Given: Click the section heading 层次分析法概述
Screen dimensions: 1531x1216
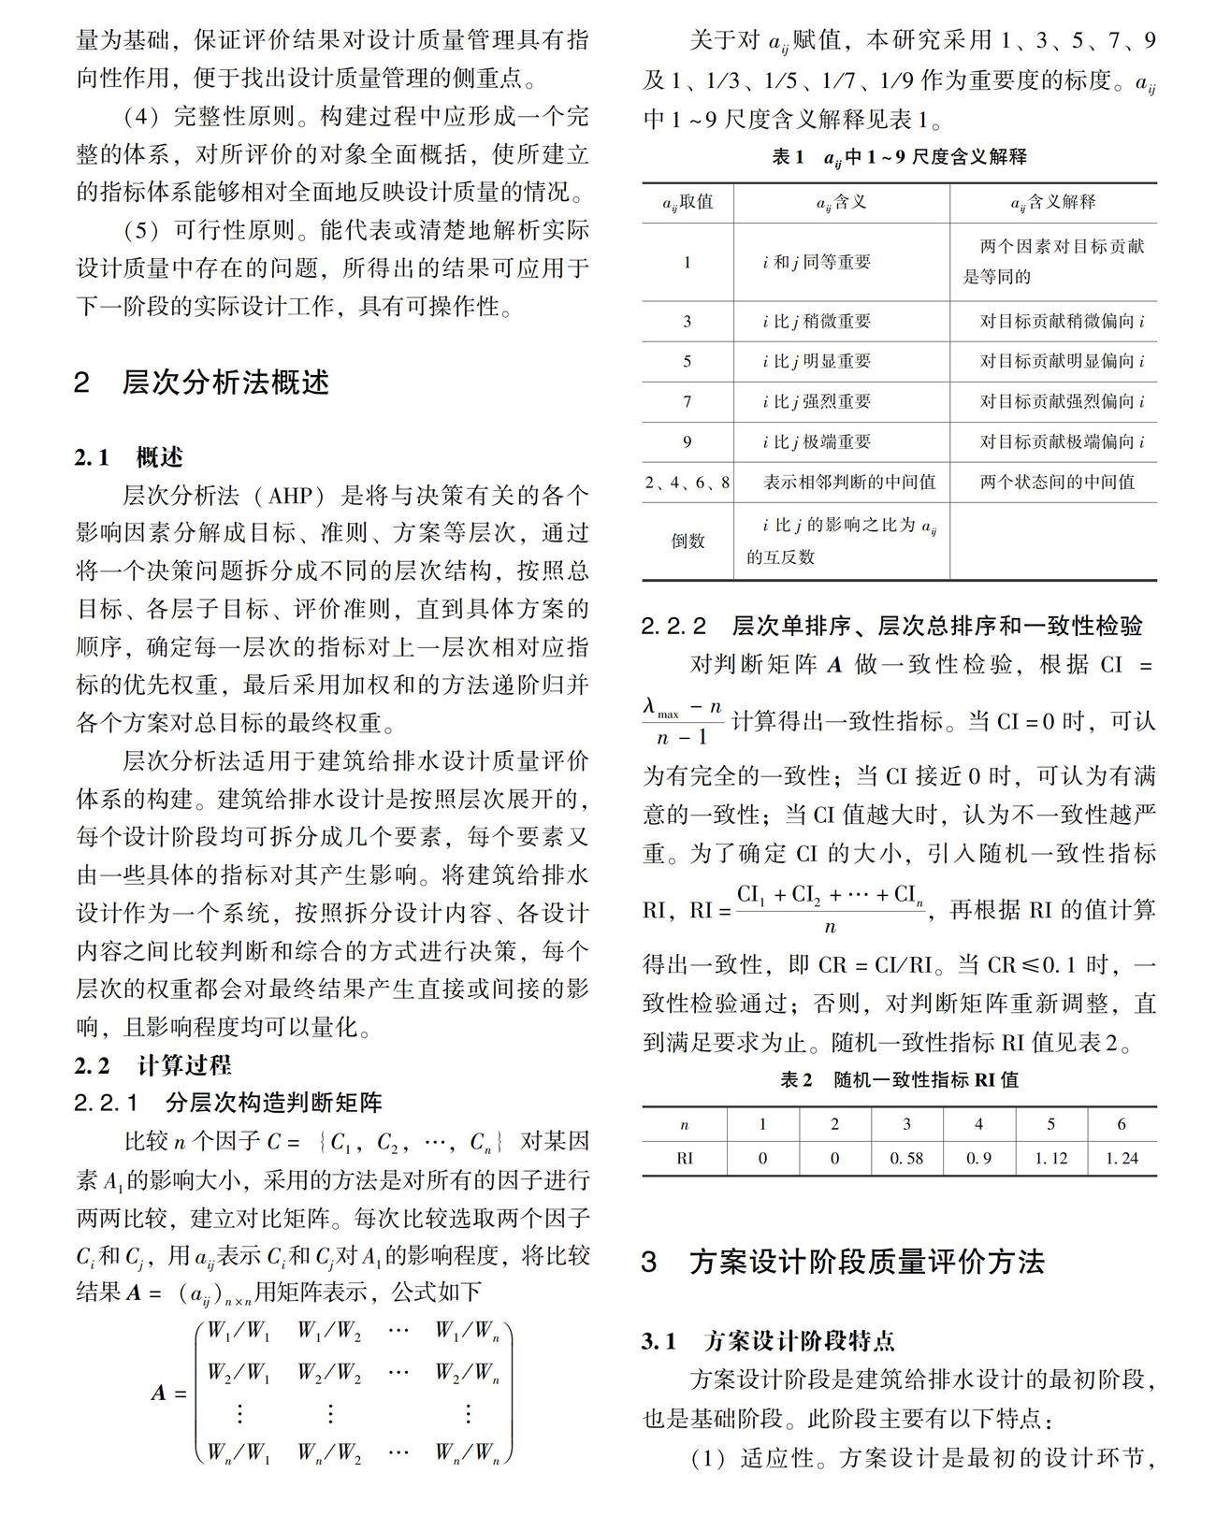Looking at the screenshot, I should coord(224,383).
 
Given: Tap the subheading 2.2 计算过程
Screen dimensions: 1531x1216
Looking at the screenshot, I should coord(153,1065).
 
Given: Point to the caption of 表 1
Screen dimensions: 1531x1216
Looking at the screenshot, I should coord(899,157).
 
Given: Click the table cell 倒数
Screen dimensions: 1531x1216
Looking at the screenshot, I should coord(688,541).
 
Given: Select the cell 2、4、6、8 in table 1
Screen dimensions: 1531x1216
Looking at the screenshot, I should coord(688,483).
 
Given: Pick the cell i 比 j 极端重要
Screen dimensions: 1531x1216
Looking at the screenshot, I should coord(817,441).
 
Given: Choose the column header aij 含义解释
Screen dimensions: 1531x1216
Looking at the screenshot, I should coord(1052,202).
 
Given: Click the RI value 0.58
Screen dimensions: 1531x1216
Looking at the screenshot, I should coord(906,1158).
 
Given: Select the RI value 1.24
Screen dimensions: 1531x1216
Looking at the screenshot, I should coord(1122,1158).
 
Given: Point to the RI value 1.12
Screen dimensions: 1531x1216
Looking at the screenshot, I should coord(1050,1158).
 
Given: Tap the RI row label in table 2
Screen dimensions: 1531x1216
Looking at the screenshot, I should coord(685,1158).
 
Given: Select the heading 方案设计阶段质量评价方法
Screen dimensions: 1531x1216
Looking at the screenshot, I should coord(866,1262).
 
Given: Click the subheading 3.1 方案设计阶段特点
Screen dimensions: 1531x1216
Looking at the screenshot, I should coord(768,1341).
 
